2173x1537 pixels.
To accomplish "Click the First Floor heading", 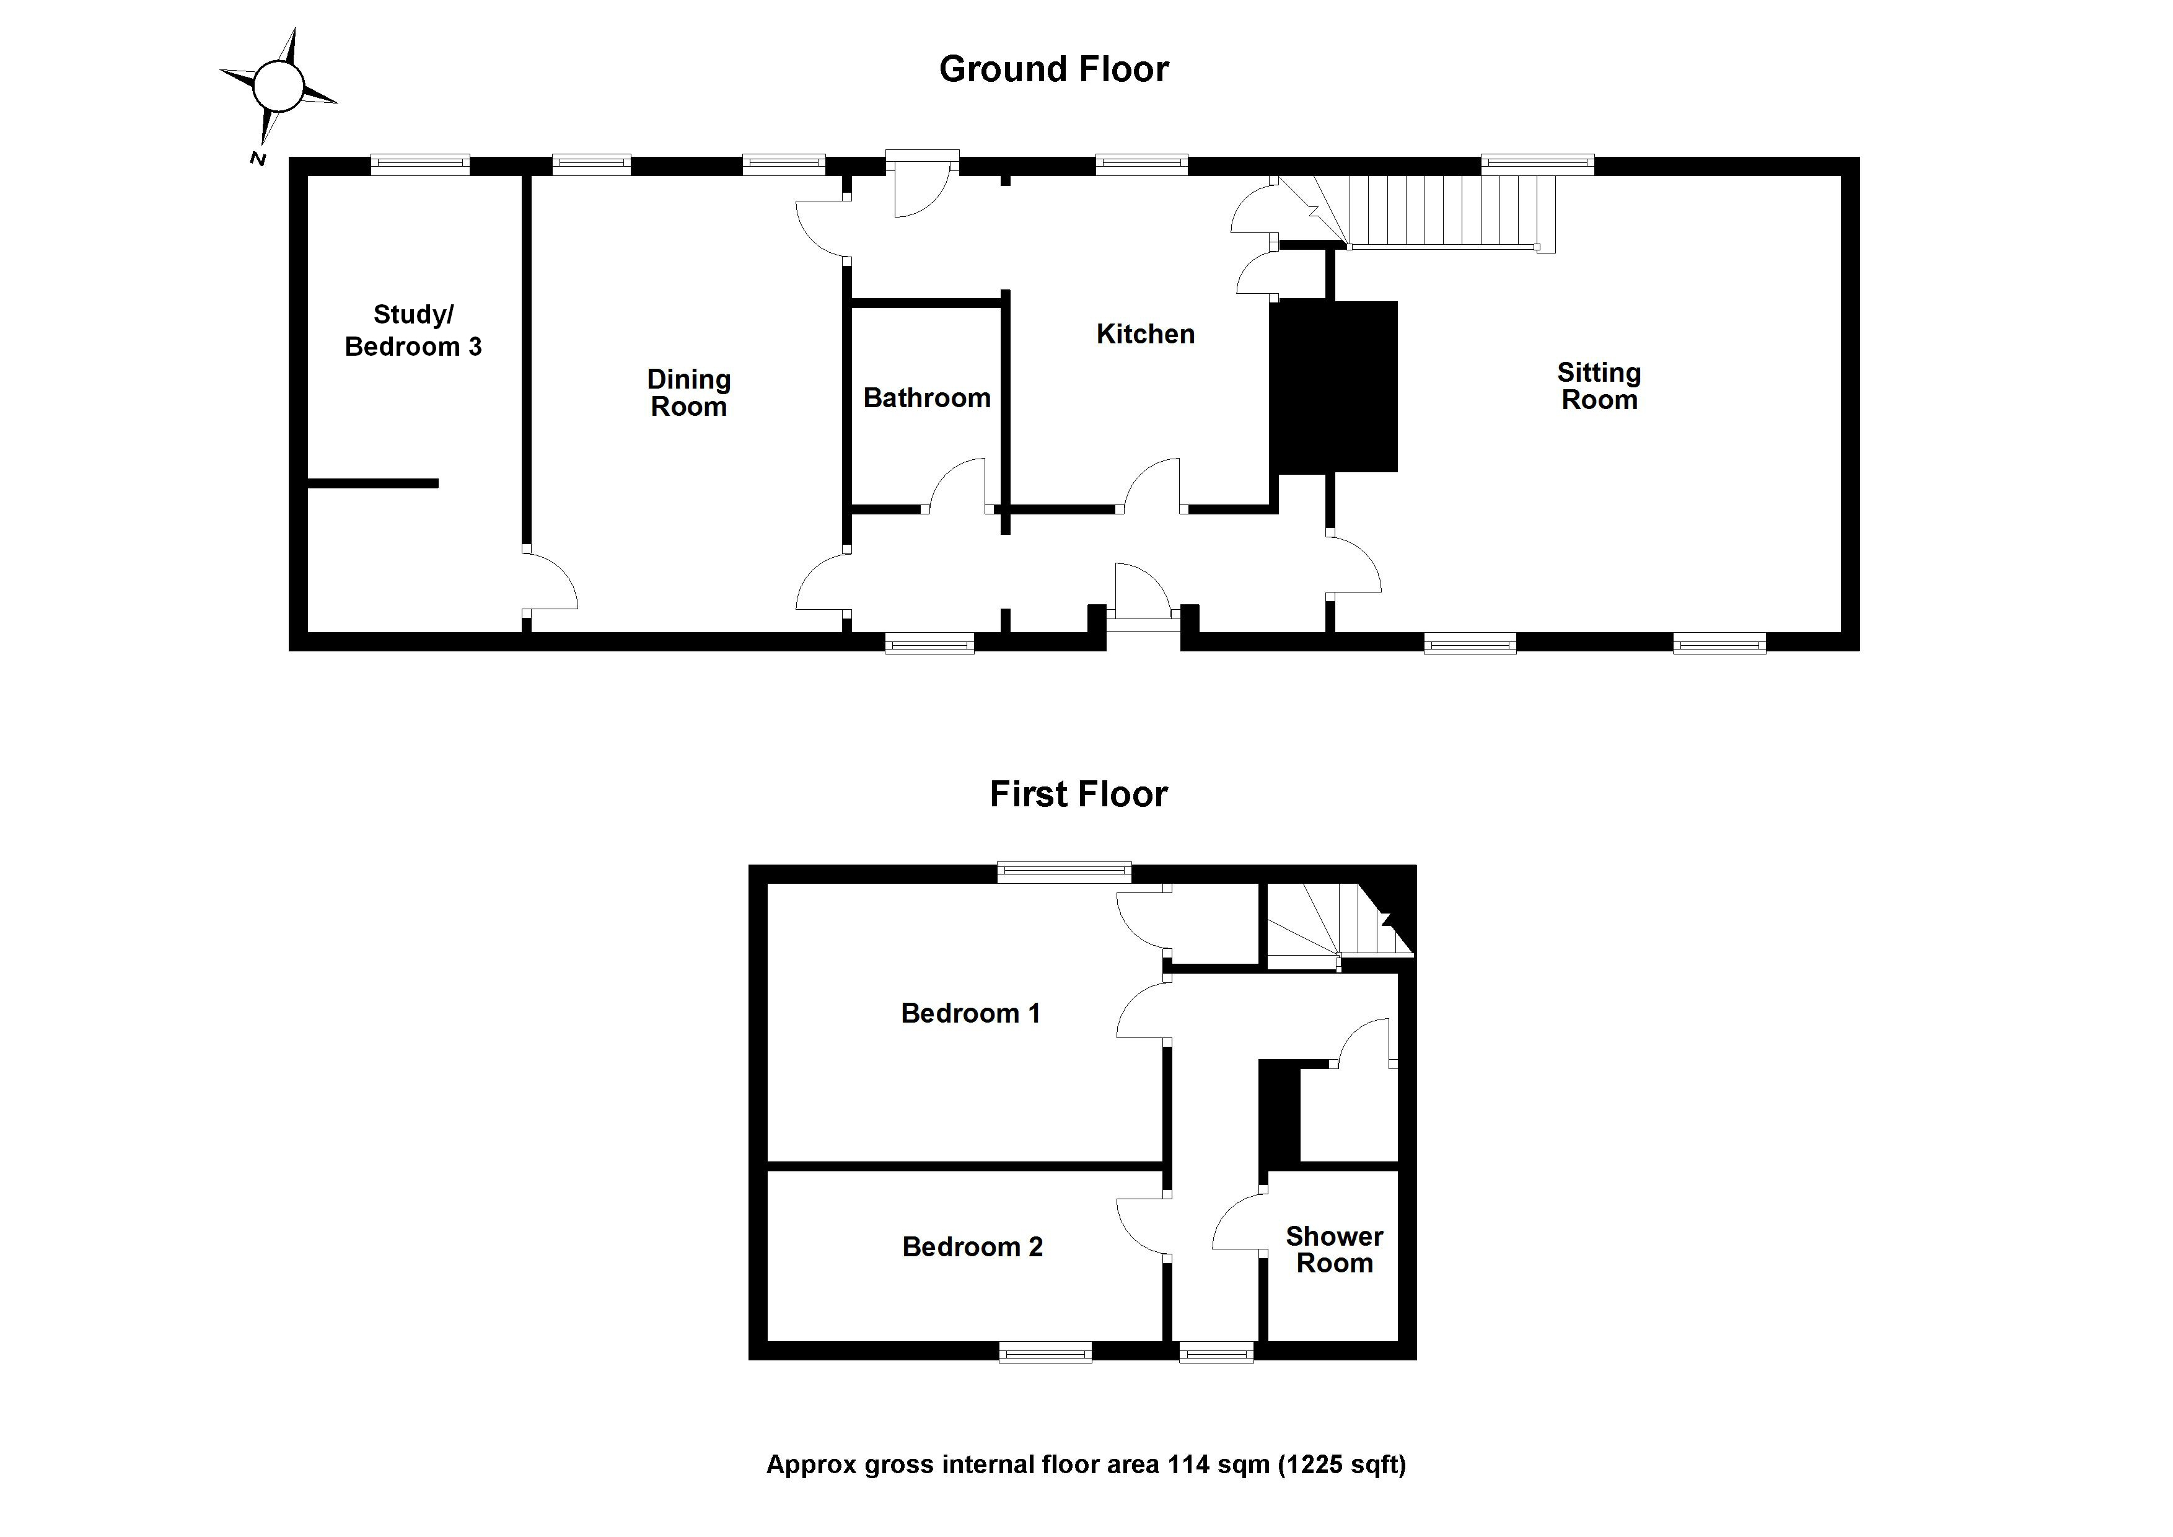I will [x=1078, y=794].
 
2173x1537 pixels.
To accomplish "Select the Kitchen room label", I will [x=1145, y=334].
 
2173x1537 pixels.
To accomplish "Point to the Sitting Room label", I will [x=1599, y=386].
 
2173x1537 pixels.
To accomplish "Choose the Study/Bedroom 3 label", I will [x=413, y=330].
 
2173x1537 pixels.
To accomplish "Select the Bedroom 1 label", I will [x=970, y=1014].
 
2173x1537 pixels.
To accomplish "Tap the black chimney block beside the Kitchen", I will [x=1335, y=386].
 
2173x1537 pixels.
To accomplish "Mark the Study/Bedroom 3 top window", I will [x=419, y=165].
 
